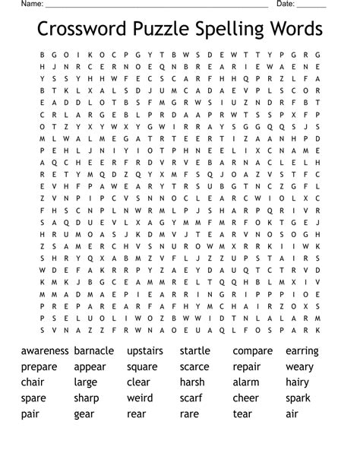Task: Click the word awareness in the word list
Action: point(45,351)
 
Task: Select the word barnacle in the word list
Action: point(94,351)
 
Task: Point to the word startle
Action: point(195,351)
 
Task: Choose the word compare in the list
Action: point(252,352)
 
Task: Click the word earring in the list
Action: point(302,351)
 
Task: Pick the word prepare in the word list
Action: point(39,367)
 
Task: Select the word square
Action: point(142,367)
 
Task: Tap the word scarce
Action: point(194,367)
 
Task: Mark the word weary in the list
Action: point(299,367)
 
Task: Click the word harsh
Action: point(192,382)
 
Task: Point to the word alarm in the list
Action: point(245,382)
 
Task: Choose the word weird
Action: point(140,398)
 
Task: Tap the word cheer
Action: point(245,398)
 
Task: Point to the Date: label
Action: point(286,4)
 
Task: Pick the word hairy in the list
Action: point(298,382)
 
